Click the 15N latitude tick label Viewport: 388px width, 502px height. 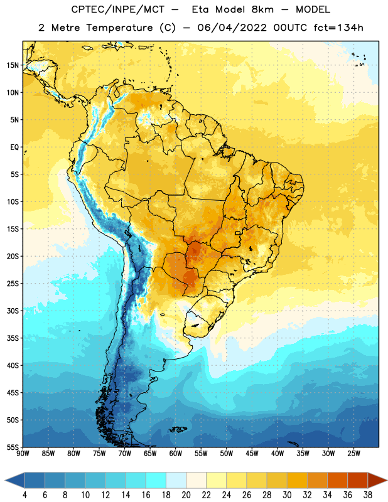coord(13,65)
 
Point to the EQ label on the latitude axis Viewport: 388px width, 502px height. coord(14,147)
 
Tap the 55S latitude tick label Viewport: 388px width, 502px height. coord(13,447)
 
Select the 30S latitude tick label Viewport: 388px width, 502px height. coord(13,311)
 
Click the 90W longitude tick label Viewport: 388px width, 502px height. coord(23,454)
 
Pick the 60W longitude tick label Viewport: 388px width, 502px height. coord(176,454)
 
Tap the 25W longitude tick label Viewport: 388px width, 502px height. coord(354,454)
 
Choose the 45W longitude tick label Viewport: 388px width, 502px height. coord(252,454)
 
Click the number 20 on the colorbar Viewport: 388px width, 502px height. coord(186,495)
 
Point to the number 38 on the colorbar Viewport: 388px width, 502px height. coord(367,495)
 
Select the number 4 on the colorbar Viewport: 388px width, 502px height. coord(24,495)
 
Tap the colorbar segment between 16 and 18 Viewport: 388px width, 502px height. coord(156,480)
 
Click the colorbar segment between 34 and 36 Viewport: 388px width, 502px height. coord(337,480)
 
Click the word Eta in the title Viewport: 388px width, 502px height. coord(200,9)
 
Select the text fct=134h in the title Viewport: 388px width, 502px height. coord(338,28)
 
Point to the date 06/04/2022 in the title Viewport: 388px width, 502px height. coord(232,28)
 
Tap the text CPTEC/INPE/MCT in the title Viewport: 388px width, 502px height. coord(118,9)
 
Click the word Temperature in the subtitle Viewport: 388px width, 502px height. coord(119,28)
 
